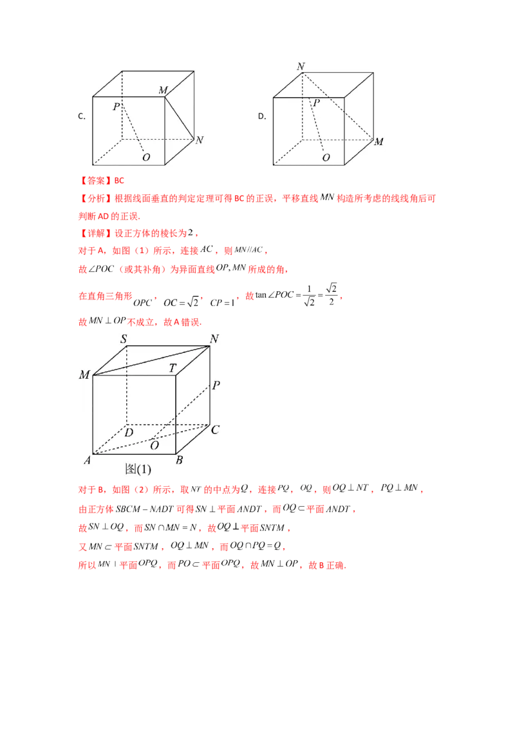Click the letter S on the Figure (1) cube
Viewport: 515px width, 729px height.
pos(123,338)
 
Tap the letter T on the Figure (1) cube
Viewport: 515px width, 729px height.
pos(172,368)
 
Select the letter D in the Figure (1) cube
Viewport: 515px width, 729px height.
pos(129,433)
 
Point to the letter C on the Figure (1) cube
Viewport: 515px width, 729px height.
pos(216,430)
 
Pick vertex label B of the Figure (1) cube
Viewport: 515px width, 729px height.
pos(180,459)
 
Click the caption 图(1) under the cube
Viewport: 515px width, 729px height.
pos(138,469)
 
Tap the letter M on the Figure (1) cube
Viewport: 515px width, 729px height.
pos(84,375)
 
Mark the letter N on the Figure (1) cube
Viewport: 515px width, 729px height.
pos(214,339)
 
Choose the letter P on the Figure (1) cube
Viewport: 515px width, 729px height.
pos(216,386)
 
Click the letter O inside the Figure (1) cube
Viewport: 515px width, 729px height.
pos(154,445)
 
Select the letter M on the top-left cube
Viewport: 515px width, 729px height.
pos(163,90)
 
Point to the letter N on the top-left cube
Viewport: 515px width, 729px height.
pos(200,140)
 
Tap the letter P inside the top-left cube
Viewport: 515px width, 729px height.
pos(116,107)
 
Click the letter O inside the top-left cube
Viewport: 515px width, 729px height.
pos(146,157)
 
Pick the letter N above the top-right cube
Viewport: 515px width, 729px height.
pos(300,66)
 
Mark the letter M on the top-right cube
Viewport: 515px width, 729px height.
pos(379,142)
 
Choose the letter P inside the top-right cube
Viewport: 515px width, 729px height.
pos(316,102)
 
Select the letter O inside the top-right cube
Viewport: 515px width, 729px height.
pos(326,157)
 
